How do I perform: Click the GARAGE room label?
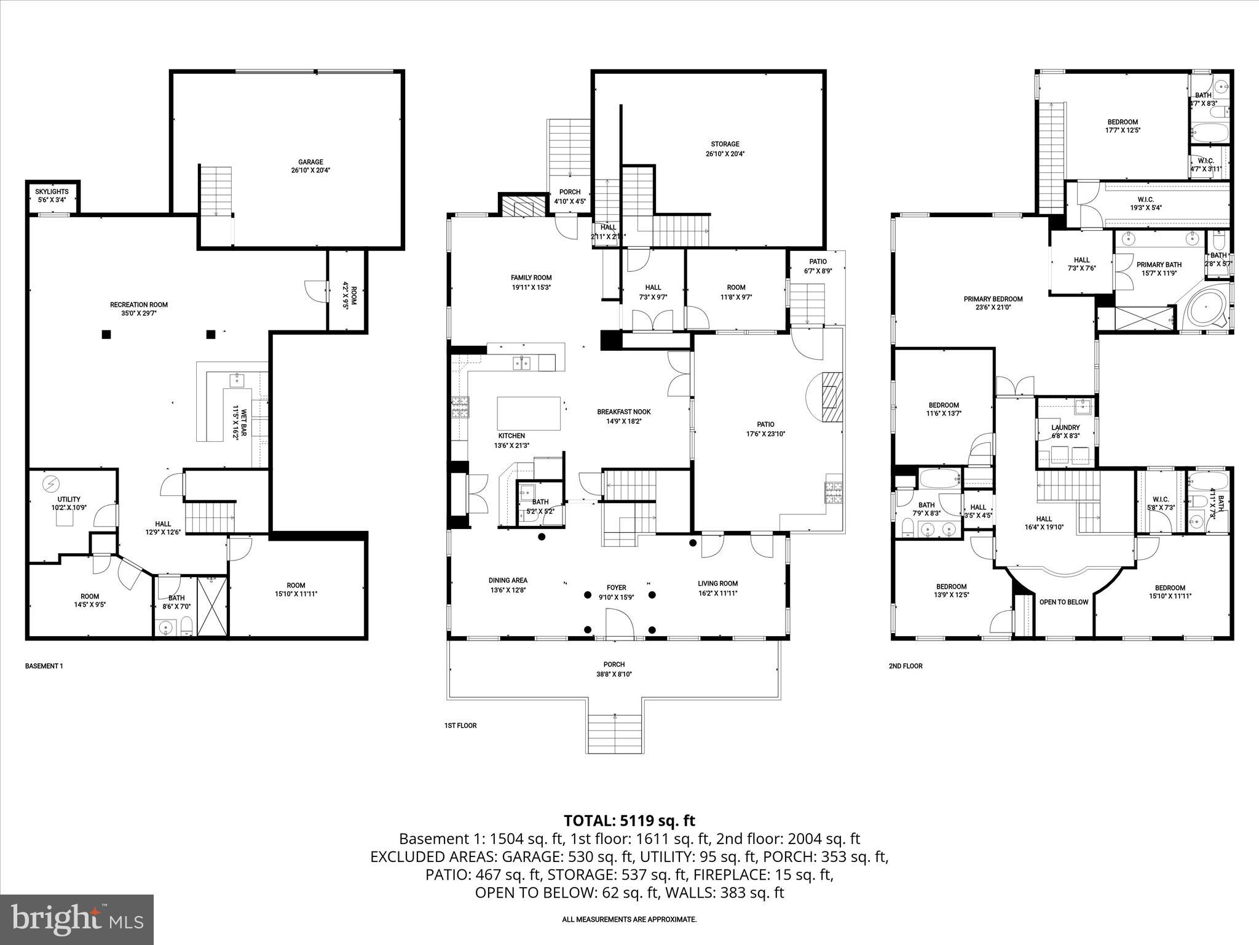pos(310,162)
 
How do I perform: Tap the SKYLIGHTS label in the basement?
pos(52,191)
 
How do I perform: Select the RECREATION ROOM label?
pos(138,305)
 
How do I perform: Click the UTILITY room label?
pos(69,500)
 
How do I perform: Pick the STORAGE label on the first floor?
pos(725,144)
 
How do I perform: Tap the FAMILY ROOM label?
pos(531,277)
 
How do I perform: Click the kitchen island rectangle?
pos(529,413)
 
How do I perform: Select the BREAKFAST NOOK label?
pos(623,412)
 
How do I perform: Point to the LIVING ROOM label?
pos(717,583)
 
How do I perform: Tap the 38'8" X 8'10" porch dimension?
pos(614,674)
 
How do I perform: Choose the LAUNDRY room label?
pos(1065,428)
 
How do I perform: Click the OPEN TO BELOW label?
pos(1064,602)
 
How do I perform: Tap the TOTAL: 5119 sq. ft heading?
pos(629,820)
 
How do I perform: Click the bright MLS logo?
pos(77,919)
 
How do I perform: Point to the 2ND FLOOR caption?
pos(905,666)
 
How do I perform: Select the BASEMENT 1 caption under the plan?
pos(44,666)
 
